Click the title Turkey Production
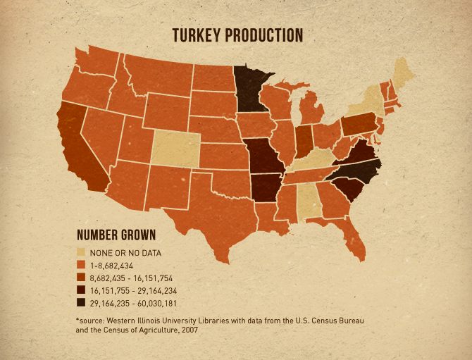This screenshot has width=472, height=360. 238,35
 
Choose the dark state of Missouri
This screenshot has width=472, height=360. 266,159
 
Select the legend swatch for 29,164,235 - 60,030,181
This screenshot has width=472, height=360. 81,303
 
